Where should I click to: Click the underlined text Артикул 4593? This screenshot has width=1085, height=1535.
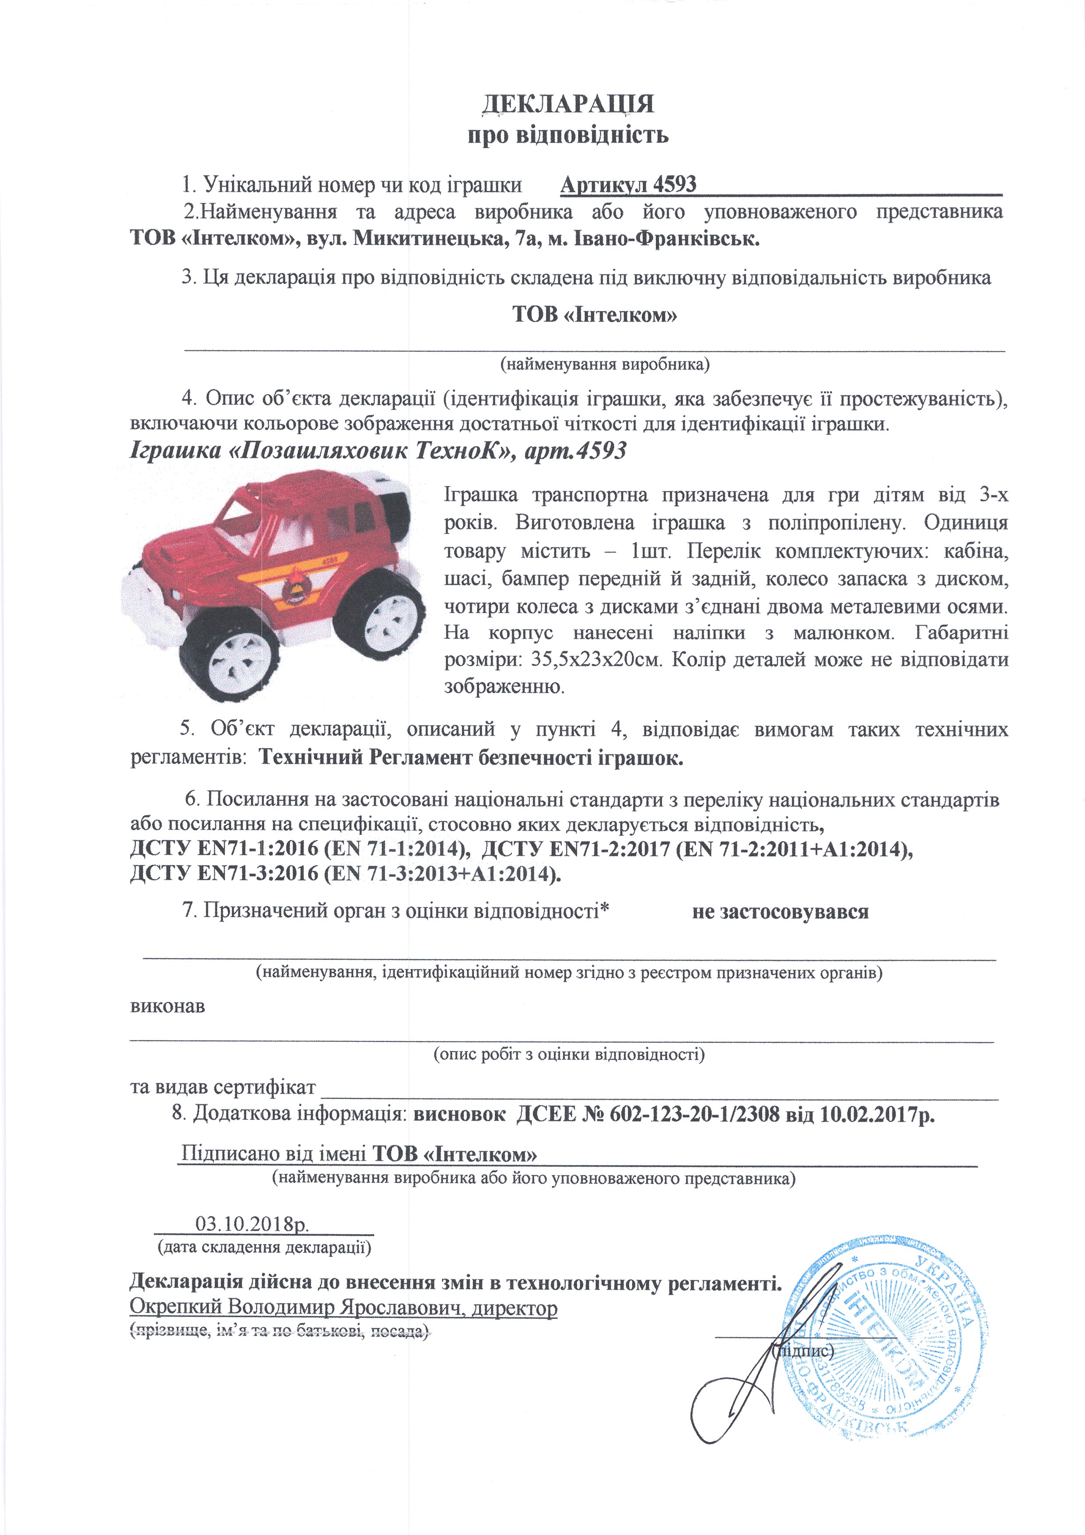tap(628, 185)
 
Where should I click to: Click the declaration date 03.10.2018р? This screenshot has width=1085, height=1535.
tap(252, 1224)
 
